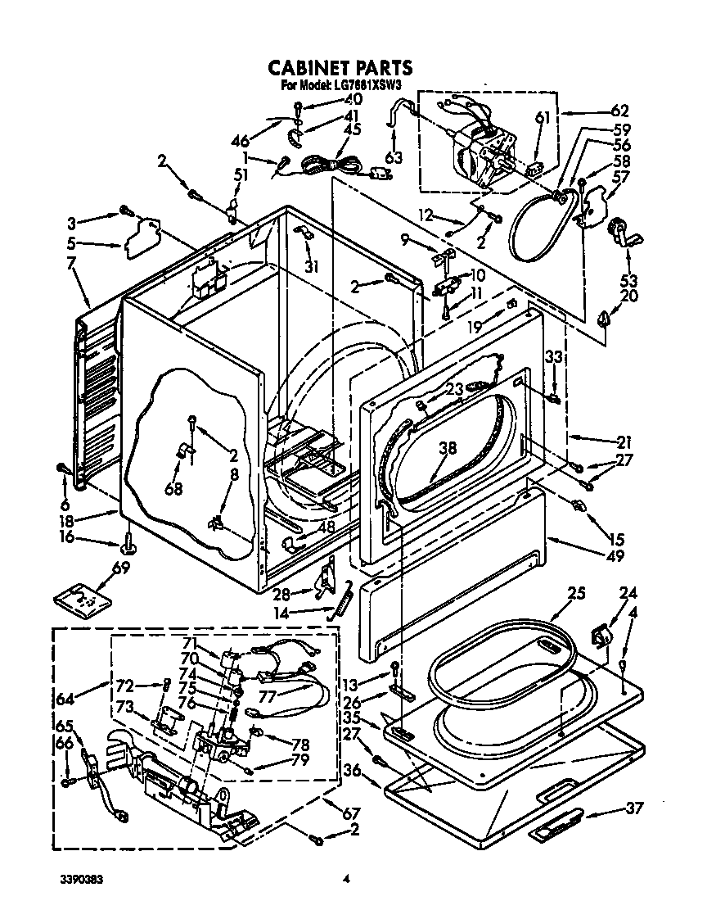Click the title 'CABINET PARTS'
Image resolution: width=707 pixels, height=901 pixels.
pos(340,67)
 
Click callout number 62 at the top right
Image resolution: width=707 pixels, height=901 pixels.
pos(619,111)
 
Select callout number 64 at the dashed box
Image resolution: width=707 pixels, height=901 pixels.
pos(65,698)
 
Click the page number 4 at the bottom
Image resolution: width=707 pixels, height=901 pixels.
pos(346,881)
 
